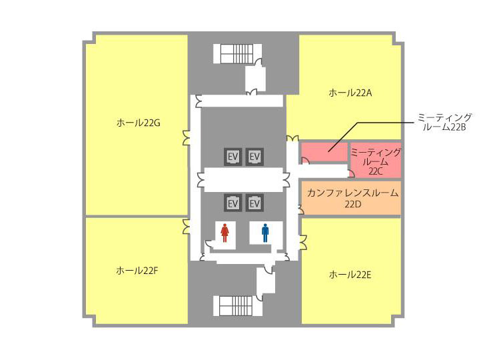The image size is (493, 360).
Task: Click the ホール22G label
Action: coord(139,123)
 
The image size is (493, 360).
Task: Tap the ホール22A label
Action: coord(350,93)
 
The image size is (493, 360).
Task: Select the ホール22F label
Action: coord(137,270)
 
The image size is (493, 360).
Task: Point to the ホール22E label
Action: coord(350,275)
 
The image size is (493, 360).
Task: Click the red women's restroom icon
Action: coord(225,233)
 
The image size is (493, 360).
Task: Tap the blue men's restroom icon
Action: coord(265,233)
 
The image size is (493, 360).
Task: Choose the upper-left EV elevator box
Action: coord(233,157)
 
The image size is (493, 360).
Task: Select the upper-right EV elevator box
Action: coord(254,157)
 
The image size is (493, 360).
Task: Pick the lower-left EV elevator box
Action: coord(233,203)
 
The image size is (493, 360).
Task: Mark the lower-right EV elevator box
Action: coord(254,203)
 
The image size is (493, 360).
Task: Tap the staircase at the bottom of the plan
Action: coord(237,306)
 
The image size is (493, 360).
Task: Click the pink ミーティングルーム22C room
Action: coord(376,160)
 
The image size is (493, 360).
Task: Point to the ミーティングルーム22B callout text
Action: coord(444,122)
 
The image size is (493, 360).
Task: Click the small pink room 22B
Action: coord(324,152)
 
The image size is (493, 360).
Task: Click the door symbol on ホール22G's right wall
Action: coord(186,138)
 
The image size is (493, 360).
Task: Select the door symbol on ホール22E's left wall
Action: coord(303,242)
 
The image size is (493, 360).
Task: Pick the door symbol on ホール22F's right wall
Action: coord(186,227)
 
